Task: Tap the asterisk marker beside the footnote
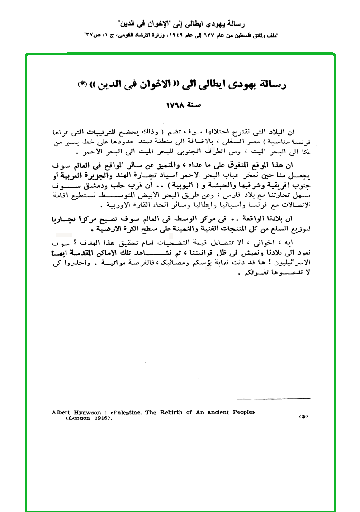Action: click(x=303, y=417)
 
